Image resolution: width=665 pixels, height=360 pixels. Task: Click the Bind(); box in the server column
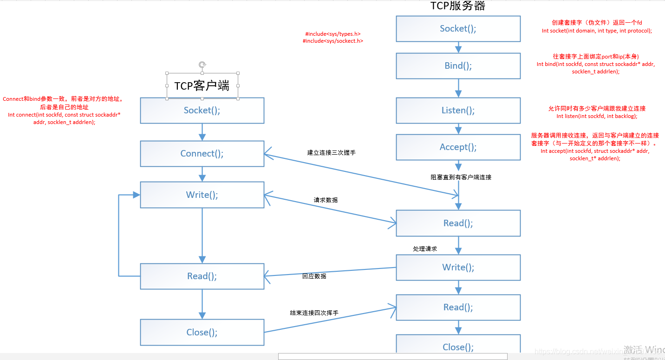point(458,65)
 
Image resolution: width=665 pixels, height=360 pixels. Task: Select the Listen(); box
point(458,110)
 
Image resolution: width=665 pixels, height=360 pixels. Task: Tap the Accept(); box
point(458,147)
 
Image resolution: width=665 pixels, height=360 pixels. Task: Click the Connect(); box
point(202,154)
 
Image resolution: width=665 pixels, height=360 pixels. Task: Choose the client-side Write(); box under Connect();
point(202,195)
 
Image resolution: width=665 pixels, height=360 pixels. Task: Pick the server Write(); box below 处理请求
point(458,267)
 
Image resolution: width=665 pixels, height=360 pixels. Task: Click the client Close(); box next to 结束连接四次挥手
point(202,332)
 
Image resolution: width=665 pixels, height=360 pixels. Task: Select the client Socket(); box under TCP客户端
point(202,110)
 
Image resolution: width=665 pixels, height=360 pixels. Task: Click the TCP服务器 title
point(458,6)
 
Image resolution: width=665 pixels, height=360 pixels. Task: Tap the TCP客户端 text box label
point(202,86)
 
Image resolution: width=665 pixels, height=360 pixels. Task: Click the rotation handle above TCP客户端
point(202,65)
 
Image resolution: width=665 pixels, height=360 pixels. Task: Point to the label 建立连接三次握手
point(331,153)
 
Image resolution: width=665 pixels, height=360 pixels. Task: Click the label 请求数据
point(326,200)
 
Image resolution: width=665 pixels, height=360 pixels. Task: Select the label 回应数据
point(314,276)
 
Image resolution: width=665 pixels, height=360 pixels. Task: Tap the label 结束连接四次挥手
point(314,313)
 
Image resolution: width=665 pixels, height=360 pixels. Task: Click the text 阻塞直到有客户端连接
point(461,177)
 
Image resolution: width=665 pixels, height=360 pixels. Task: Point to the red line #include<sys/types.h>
point(332,34)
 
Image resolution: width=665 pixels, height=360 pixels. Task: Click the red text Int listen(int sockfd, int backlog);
point(597,116)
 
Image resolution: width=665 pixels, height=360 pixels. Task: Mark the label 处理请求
point(425,249)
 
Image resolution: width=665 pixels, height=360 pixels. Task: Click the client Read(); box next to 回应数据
point(202,276)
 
